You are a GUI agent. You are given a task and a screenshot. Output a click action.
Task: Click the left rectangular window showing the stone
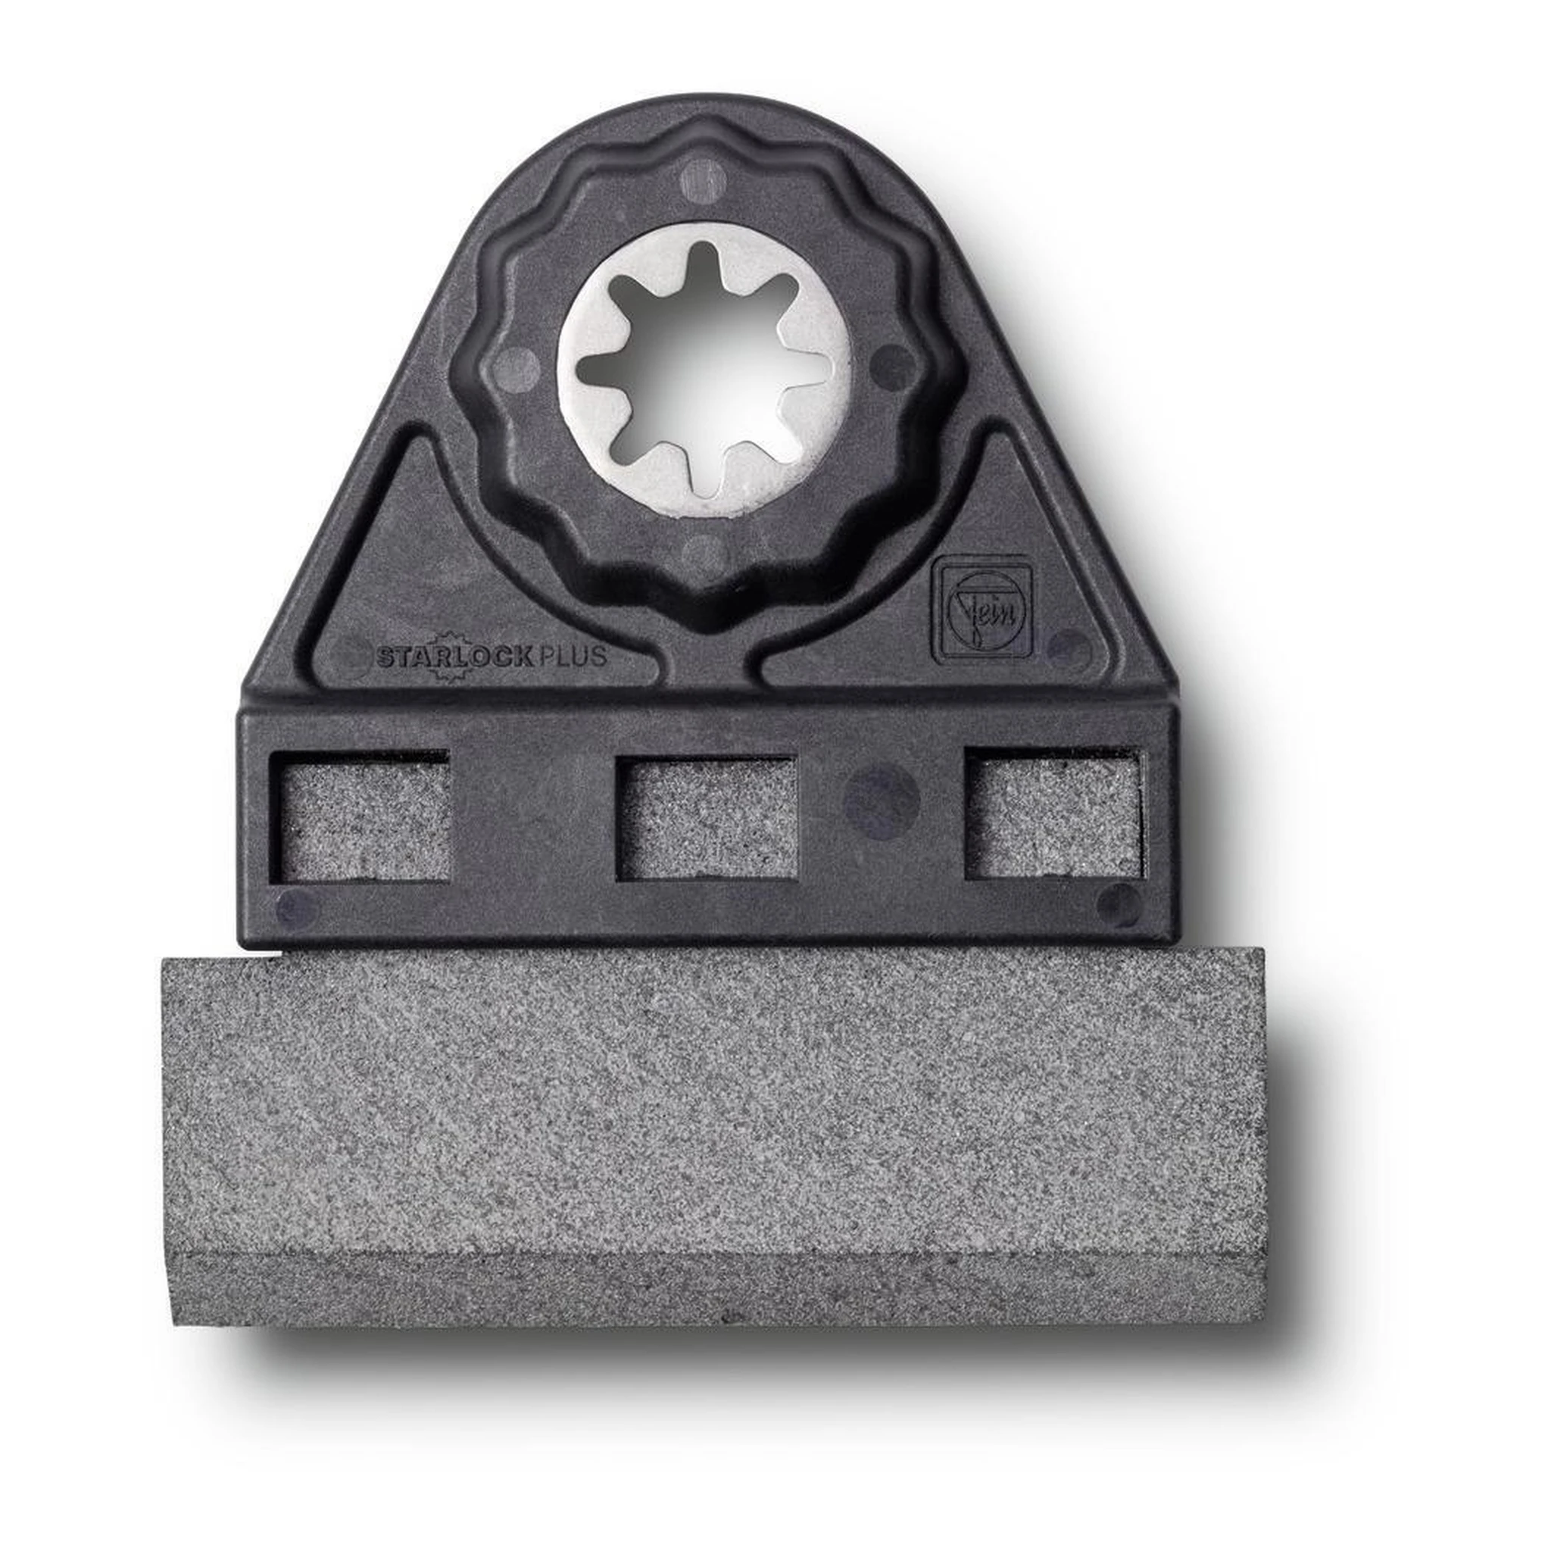pos(359,815)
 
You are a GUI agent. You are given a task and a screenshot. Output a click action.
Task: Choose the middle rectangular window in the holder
pos(706,817)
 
